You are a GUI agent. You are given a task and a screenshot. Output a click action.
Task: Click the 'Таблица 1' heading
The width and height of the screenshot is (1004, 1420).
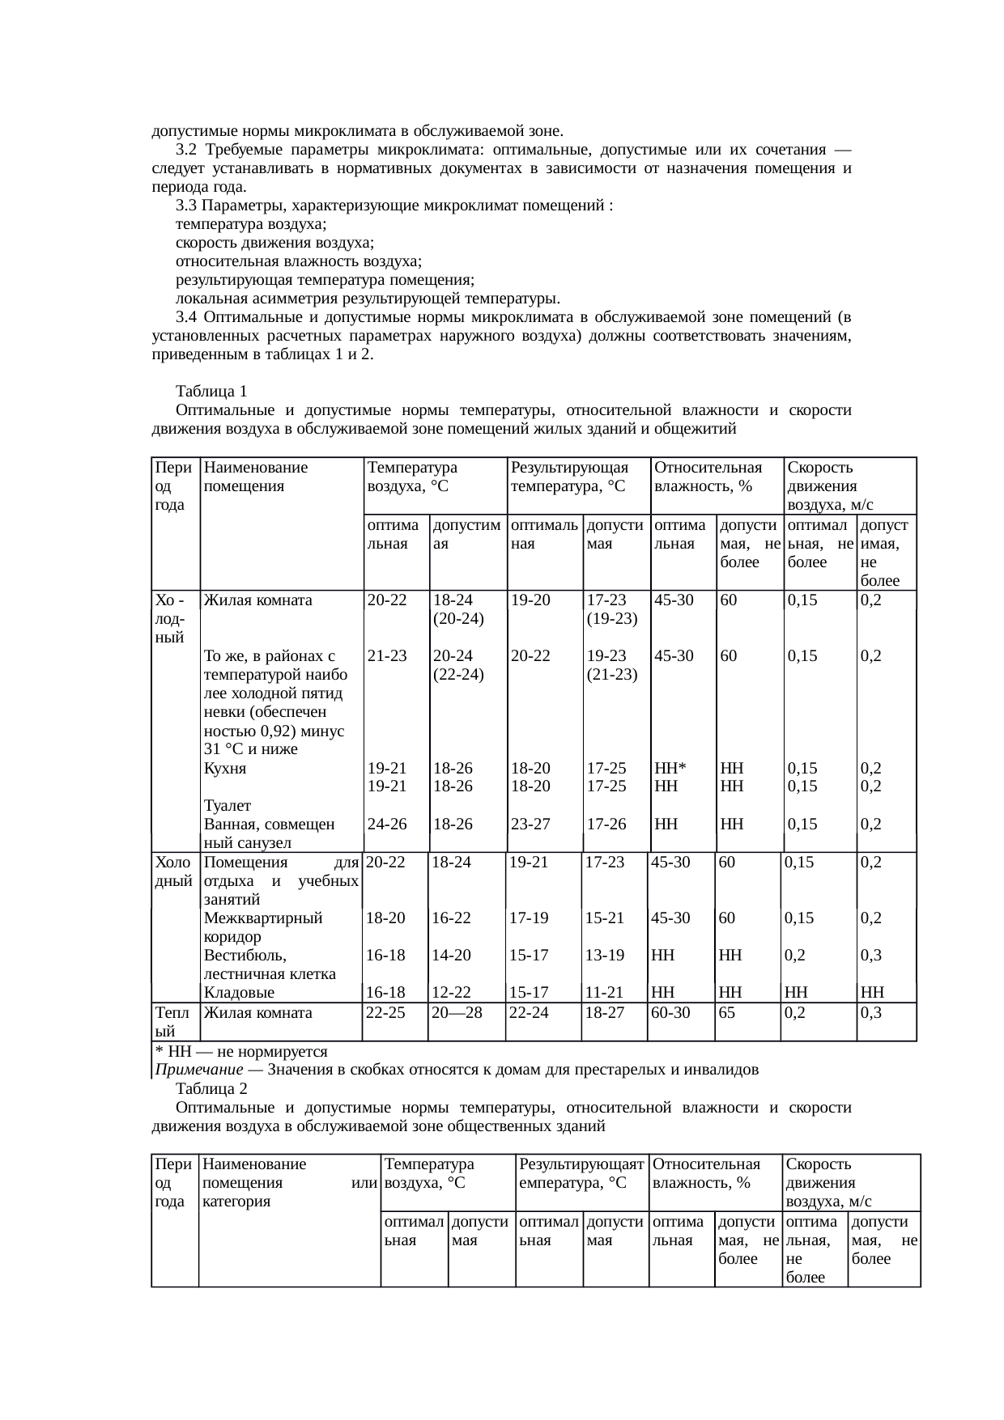(211, 392)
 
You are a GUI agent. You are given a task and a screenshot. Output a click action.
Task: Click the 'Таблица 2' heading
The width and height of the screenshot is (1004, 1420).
(211, 1089)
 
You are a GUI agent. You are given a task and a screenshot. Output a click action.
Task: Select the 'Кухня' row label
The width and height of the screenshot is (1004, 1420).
(225, 769)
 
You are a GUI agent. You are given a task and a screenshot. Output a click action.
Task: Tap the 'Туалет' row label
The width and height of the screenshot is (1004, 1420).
(228, 806)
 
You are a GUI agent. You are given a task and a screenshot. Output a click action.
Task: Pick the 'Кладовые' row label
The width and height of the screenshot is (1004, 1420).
(239, 993)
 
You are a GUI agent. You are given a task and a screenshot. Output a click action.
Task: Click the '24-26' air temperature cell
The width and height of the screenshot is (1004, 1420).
(387, 824)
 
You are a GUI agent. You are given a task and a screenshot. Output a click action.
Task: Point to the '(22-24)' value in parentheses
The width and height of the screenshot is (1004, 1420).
(458, 674)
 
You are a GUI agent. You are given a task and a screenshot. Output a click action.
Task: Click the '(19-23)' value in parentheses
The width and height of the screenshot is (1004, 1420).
(613, 619)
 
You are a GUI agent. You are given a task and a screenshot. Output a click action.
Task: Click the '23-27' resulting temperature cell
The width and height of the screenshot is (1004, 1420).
(531, 824)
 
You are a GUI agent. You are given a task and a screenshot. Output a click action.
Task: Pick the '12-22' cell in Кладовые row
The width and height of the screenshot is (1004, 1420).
(452, 993)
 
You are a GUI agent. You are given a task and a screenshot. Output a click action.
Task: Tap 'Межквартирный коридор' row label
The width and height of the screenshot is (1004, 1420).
(262, 927)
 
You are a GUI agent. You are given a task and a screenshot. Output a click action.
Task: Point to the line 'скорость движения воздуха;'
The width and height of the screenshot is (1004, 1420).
(274, 243)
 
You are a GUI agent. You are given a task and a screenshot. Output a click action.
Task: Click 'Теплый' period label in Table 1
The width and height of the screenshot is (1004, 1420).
(173, 1022)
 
